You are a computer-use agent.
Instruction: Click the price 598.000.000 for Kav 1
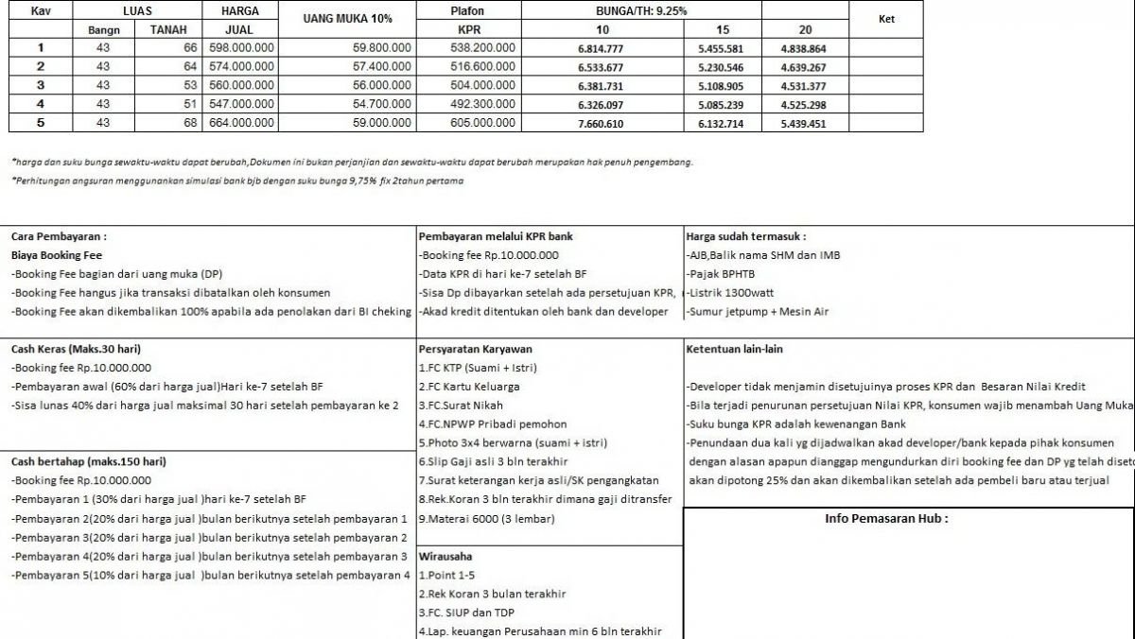(x=243, y=48)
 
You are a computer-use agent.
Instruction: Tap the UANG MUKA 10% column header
(x=348, y=19)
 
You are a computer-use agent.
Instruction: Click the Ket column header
(x=886, y=19)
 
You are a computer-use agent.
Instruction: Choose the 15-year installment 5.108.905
(x=721, y=85)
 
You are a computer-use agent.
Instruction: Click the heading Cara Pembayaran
(x=59, y=236)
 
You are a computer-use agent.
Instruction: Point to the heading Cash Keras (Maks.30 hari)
(x=76, y=349)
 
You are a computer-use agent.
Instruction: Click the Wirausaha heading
(x=445, y=557)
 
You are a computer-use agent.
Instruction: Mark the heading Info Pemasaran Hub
(x=885, y=519)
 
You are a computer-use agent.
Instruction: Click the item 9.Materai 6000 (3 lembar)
(x=486, y=519)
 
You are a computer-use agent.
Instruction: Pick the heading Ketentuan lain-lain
(x=734, y=349)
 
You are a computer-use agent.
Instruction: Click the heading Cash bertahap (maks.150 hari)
(x=88, y=462)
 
